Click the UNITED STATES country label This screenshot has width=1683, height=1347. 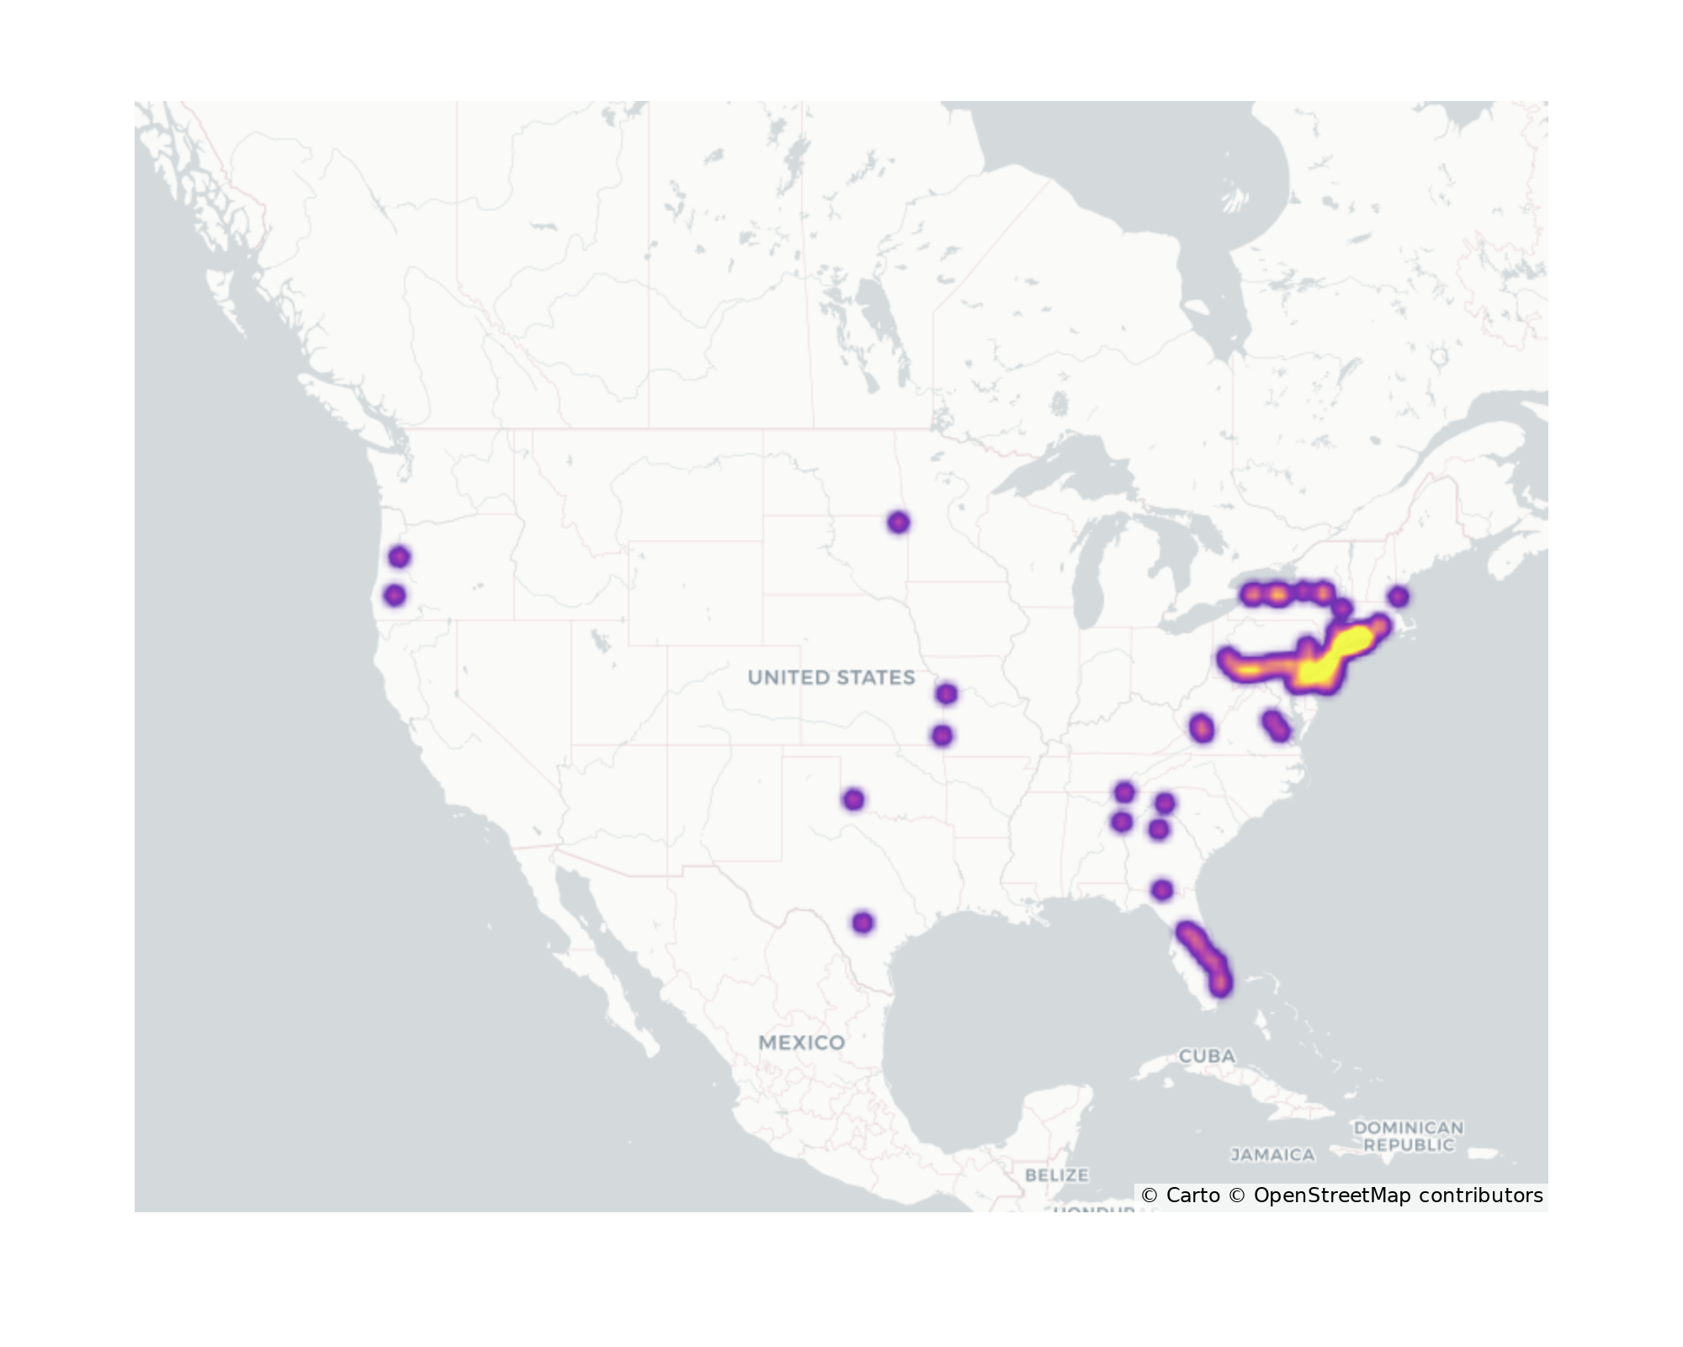[831, 678]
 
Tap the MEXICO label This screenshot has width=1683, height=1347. [801, 1043]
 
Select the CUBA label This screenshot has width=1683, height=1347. [1207, 1056]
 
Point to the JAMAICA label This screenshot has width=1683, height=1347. [1272, 1155]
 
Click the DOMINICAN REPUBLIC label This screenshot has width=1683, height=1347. [1408, 1136]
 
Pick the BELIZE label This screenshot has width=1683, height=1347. [1056, 1174]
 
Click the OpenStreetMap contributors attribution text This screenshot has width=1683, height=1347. [1398, 1195]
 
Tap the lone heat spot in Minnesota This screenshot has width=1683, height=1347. [898, 523]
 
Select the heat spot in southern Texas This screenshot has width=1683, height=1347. [863, 923]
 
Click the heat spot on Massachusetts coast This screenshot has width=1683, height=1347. [1398, 597]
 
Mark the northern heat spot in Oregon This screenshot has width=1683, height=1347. [399, 556]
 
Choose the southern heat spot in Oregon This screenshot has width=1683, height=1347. [395, 595]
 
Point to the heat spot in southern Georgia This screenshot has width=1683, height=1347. [1161, 890]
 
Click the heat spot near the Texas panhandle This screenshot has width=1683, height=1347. [853, 799]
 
